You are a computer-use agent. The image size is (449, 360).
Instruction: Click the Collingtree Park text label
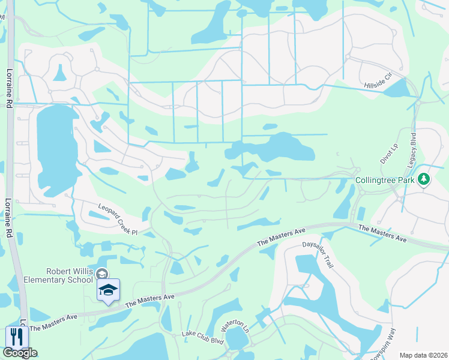tap(385, 179)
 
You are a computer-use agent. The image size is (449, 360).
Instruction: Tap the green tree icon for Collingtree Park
tap(424, 179)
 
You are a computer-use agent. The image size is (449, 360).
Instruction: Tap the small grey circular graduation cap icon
tap(102, 274)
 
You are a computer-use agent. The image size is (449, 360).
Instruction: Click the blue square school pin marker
tap(108, 290)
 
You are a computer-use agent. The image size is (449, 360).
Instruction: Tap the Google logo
tap(20, 353)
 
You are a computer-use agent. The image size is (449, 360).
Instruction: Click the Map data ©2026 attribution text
tap(423, 355)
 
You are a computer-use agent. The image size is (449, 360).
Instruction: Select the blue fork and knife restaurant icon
tap(16, 336)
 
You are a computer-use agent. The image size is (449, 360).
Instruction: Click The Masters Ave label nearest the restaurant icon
tap(54, 322)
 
